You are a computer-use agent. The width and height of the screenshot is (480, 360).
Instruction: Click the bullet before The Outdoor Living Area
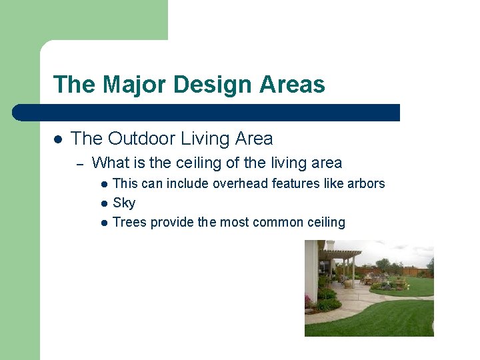coord(58,139)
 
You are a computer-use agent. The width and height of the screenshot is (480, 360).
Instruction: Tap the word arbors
coord(366,183)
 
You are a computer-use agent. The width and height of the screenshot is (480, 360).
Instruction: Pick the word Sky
coord(124,203)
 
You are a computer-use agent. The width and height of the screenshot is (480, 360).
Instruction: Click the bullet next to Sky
coord(104,203)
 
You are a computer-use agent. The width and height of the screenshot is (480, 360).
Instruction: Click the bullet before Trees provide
coord(104,223)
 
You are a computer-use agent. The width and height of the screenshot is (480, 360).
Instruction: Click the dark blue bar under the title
coord(207,113)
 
